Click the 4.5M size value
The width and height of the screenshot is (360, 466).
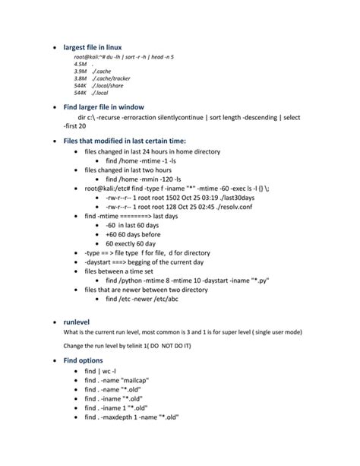tap(80, 65)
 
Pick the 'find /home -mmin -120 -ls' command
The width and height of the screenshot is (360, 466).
tap(144, 179)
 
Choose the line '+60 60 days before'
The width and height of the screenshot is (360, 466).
tap(136, 234)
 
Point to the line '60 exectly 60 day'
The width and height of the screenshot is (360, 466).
tap(136, 243)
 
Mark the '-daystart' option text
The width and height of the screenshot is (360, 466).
tap(101, 262)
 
